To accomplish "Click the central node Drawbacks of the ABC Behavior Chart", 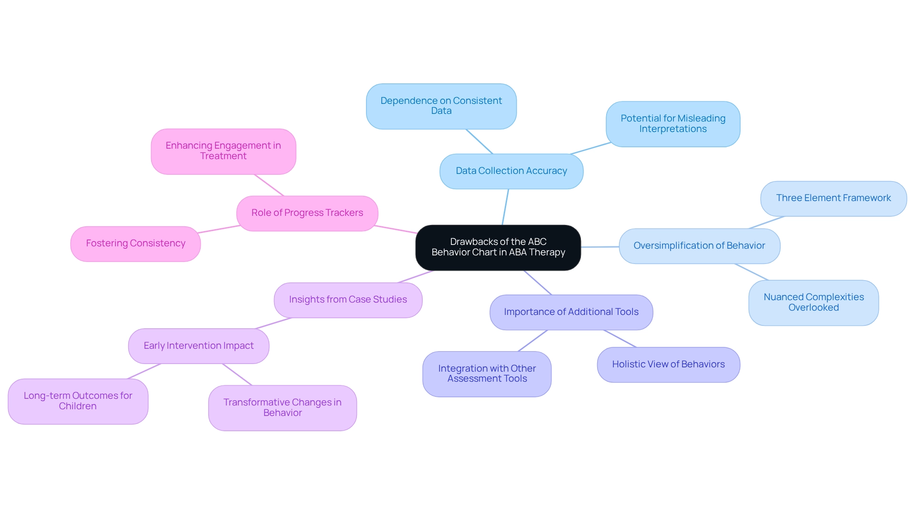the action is [498, 247].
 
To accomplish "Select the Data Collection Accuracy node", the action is [511, 171].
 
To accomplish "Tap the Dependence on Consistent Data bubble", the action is [441, 106].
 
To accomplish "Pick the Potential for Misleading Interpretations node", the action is [672, 124].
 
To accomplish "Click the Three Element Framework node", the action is [833, 198].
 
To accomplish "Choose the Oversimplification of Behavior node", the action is [699, 246].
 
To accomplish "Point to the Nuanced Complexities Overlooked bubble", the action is [813, 303].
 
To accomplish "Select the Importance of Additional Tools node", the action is [571, 312].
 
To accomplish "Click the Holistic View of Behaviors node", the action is [668, 364].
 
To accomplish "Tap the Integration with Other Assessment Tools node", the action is [487, 374].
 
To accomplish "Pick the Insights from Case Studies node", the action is [348, 300].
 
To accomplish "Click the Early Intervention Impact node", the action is [198, 346].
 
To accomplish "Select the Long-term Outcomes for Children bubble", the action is [78, 401].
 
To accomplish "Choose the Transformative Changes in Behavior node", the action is [282, 408].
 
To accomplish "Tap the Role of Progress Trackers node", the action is [307, 213].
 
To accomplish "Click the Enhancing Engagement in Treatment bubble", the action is [223, 151].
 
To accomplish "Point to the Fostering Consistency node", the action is [135, 243].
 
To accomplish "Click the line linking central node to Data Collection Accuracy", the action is [505, 207].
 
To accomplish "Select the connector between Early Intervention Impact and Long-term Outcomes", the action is [144, 371].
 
